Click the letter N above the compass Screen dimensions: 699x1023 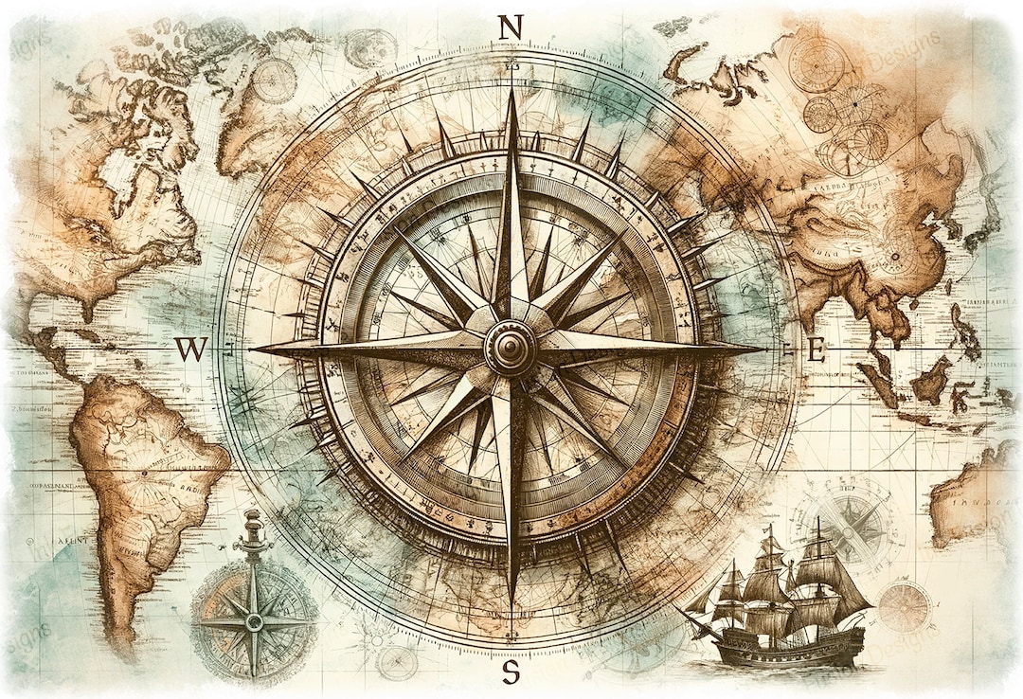(510, 28)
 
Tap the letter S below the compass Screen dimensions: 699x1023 (511, 673)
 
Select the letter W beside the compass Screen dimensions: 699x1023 (190, 349)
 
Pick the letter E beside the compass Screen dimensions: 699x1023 (816, 350)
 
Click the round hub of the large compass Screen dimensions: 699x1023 (511, 349)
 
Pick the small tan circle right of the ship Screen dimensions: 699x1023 (904, 607)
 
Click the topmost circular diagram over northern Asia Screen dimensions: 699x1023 (817, 64)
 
